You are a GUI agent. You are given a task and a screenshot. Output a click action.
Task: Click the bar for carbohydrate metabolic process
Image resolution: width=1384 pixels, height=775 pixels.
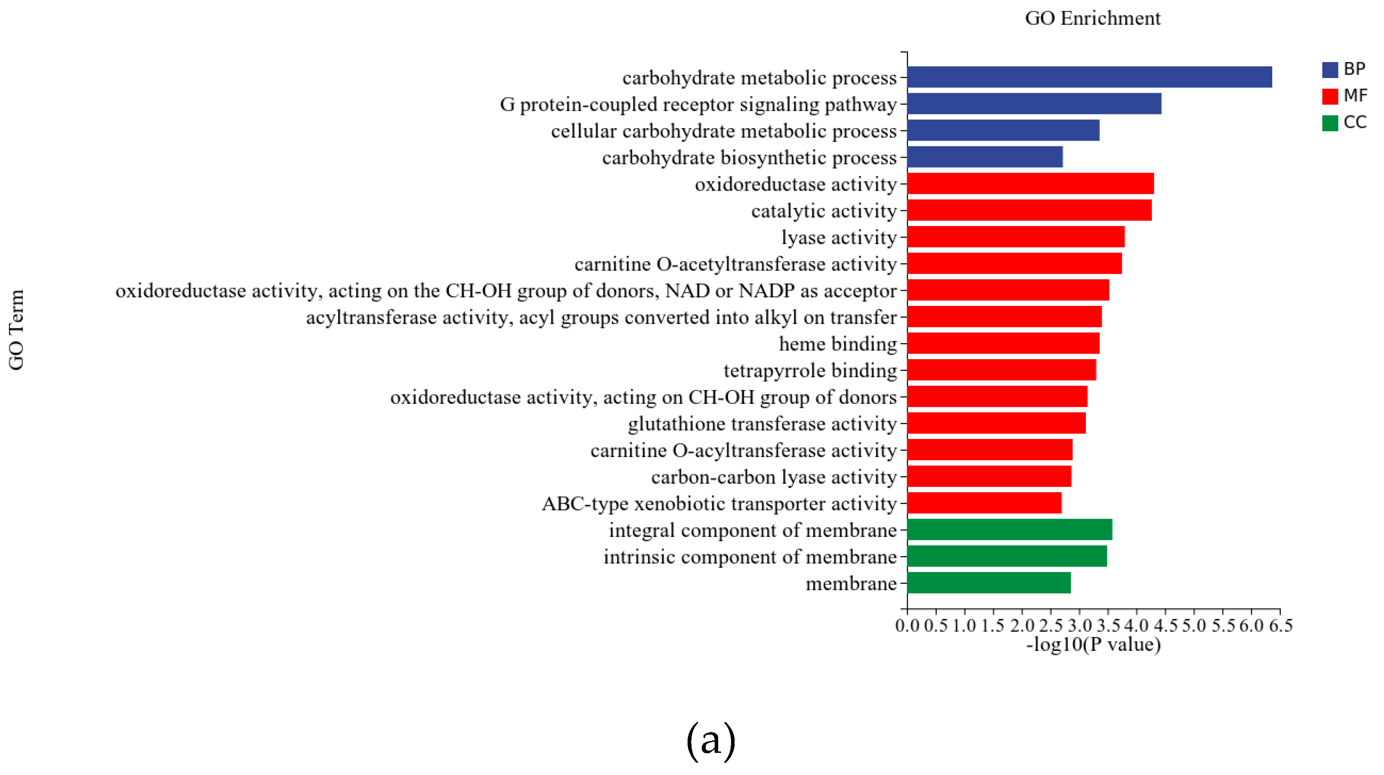(1089, 77)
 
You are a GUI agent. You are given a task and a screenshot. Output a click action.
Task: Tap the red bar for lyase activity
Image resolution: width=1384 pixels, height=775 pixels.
(1015, 237)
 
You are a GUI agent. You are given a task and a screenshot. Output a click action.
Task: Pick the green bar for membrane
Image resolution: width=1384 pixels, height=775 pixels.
(989, 583)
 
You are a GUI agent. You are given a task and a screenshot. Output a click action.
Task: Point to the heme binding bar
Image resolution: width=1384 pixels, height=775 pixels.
(1003, 343)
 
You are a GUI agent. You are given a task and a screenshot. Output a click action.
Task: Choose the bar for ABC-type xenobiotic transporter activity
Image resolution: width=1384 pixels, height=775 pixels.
(984, 503)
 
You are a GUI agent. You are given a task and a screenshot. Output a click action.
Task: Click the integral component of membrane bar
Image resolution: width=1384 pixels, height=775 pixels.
(1010, 529)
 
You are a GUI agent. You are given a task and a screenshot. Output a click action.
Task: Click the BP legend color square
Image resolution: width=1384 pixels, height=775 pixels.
(1330, 70)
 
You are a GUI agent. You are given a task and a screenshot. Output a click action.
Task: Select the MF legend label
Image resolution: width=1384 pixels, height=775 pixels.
(1355, 96)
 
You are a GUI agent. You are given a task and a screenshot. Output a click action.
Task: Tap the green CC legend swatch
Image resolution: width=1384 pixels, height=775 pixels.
(1330, 123)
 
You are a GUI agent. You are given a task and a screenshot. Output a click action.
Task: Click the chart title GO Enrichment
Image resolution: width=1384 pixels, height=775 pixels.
(1092, 19)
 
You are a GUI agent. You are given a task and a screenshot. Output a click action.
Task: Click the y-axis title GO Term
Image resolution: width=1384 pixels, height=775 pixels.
(16, 329)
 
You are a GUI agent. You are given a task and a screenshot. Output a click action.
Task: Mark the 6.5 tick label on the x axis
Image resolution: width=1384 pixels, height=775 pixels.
(1280, 626)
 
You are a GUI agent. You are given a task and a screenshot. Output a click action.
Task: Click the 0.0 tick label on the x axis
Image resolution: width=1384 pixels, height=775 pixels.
(908, 626)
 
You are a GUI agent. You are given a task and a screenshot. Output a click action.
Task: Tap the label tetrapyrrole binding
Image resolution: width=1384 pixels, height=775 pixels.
(810, 371)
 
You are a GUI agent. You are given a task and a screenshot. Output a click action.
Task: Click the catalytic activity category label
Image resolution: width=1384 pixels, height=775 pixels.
(824, 211)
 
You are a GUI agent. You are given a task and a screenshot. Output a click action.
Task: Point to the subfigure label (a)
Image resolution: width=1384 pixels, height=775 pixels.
(710, 741)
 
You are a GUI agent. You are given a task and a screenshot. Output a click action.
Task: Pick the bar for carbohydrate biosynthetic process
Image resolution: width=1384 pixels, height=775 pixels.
(985, 157)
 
